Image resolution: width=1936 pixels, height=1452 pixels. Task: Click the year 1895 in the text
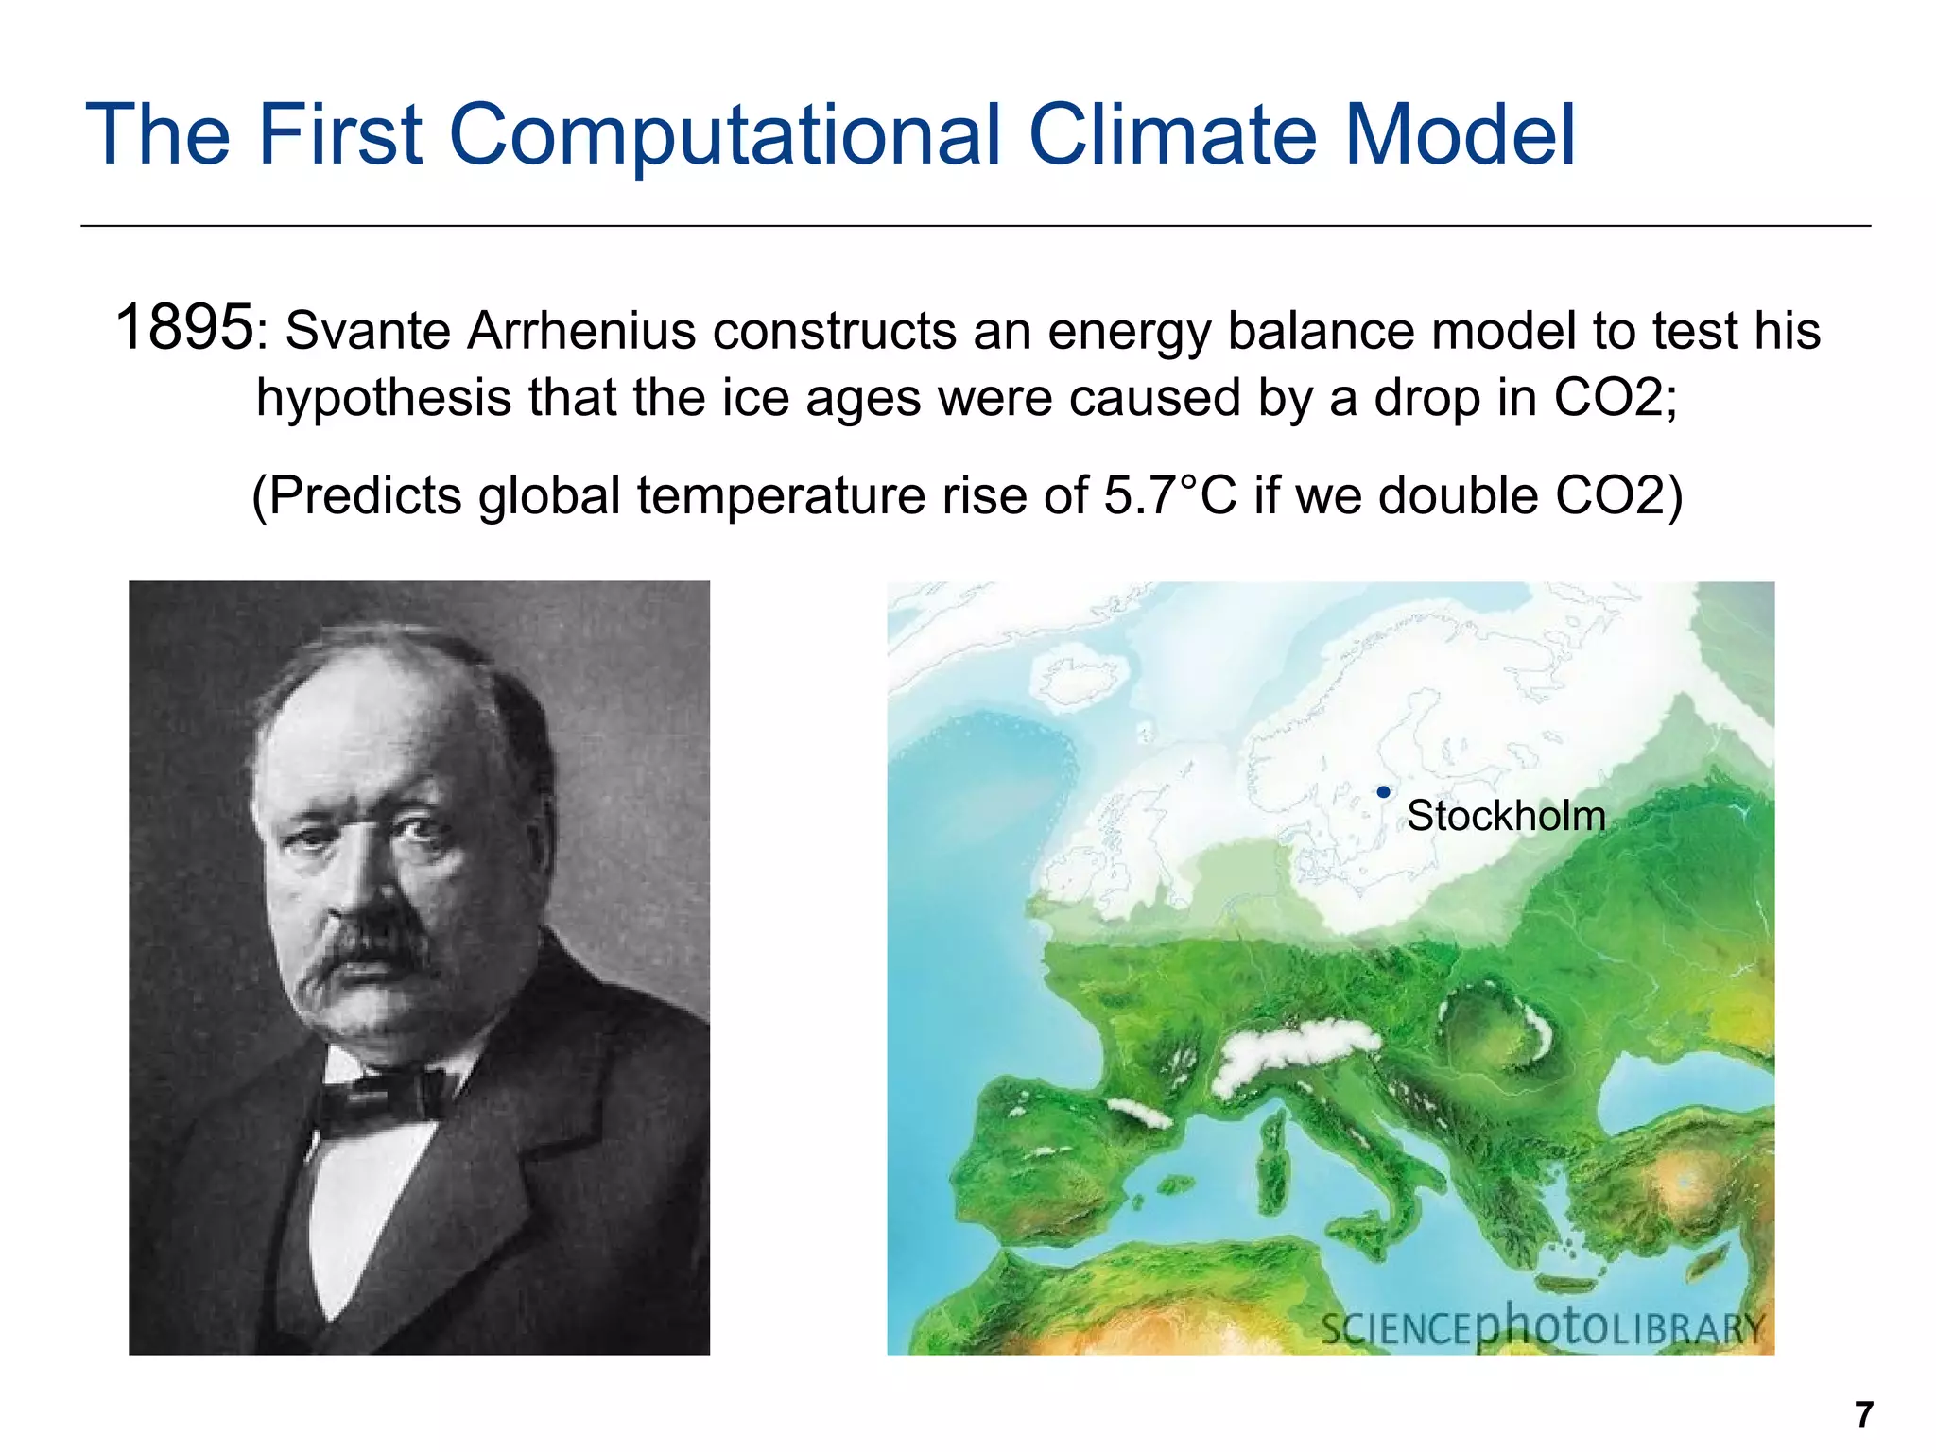pos(183,328)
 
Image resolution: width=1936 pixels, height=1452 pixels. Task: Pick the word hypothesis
pos(384,397)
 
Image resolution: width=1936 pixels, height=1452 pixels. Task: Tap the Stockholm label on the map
pos(1505,816)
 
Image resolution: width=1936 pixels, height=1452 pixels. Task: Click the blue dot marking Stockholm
pos(1383,792)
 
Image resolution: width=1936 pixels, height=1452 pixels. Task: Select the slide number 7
pos(1863,1415)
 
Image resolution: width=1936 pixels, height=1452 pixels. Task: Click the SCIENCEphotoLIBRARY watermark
pos(1542,1328)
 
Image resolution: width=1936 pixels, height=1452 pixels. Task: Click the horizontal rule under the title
pos(974,226)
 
